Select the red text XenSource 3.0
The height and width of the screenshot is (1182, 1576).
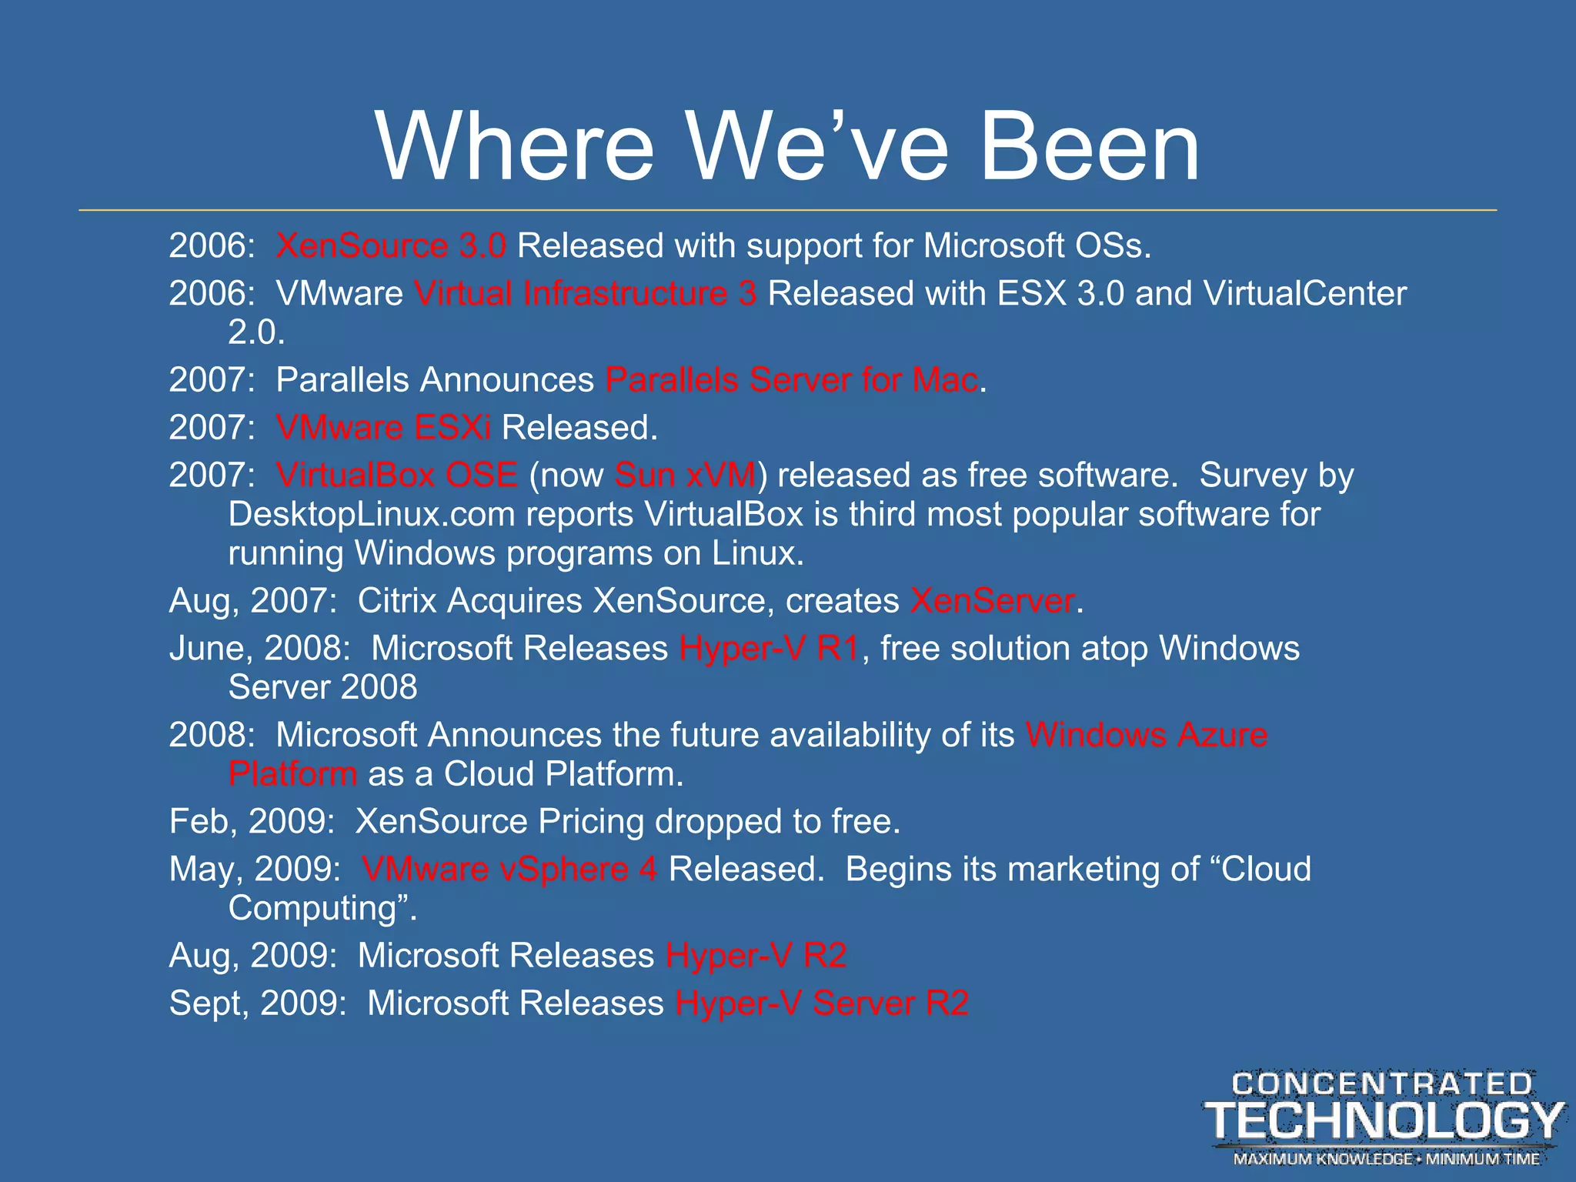(x=391, y=246)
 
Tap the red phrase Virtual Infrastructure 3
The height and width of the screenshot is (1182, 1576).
(x=585, y=294)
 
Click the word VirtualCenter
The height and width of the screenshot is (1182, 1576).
(x=1304, y=294)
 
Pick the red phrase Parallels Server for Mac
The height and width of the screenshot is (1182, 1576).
(x=792, y=380)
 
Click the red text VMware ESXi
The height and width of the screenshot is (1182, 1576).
(x=383, y=428)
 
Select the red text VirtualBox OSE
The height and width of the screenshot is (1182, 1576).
(x=397, y=476)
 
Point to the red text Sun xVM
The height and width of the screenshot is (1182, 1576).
(x=685, y=476)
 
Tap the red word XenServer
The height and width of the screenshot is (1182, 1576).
(x=993, y=601)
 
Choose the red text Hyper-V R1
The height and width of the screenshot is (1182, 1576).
(x=769, y=649)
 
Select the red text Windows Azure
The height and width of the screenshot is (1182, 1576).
(x=1147, y=735)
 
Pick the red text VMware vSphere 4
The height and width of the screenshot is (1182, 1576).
(x=509, y=870)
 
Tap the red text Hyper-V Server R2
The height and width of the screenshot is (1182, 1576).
(x=822, y=1003)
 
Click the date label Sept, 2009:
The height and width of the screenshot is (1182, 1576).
(x=258, y=1003)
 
